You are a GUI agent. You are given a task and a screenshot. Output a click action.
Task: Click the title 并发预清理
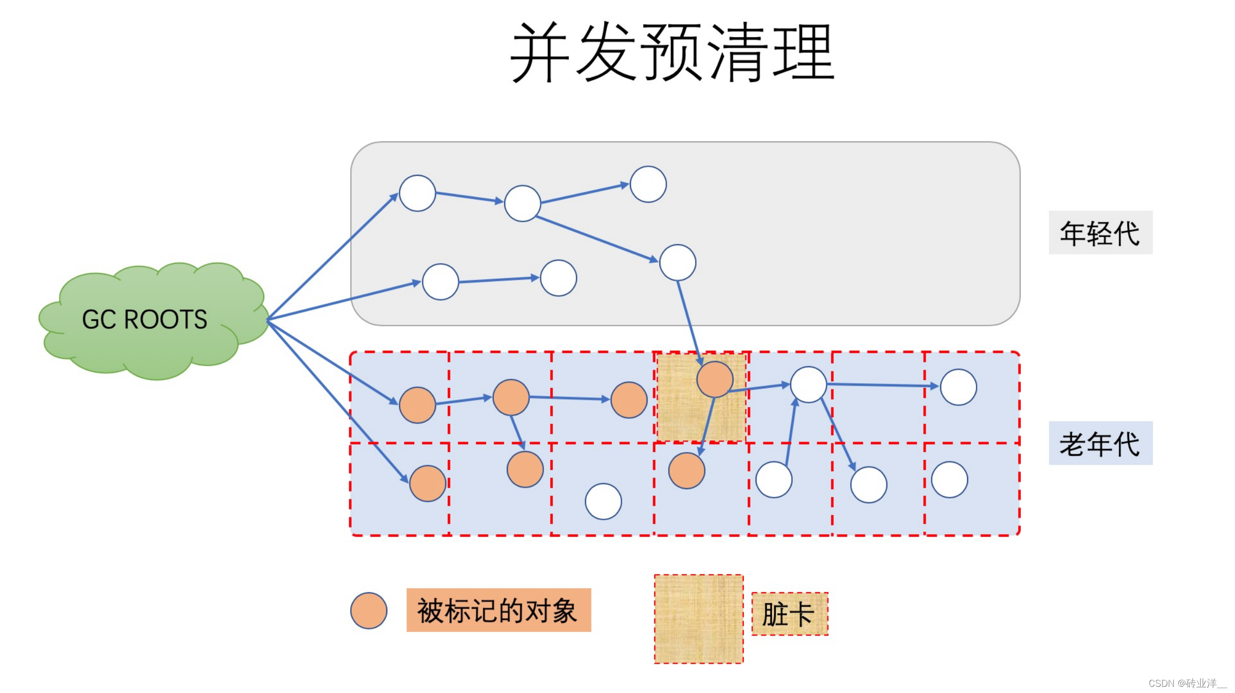tap(672, 52)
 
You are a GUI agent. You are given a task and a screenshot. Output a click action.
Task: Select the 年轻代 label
tap(1100, 233)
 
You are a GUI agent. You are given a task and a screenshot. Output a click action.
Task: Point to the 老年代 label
tap(1100, 443)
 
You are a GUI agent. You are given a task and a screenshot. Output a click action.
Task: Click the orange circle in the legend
tap(369, 610)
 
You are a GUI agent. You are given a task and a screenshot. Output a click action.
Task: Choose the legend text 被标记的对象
tap(498, 610)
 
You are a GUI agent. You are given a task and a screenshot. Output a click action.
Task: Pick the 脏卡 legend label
tap(789, 614)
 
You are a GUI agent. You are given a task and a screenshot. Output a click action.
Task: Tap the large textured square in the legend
tap(699, 619)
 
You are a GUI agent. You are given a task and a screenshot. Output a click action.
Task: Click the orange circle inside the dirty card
tap(715, 379)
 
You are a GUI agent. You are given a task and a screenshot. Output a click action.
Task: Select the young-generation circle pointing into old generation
tap(677, 263)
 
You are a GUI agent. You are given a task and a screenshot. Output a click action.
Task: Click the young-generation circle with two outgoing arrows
tap(522, 203)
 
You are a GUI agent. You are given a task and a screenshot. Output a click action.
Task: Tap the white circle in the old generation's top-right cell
tap(958, 387)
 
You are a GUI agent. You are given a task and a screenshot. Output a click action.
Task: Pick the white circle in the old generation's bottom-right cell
tap(950, 479)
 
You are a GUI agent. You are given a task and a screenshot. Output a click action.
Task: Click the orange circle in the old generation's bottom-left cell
tap(428, 483)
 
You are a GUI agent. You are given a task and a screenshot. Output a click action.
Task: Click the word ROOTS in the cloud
tap(165, 319)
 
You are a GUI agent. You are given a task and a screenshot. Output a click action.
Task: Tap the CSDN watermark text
tap(1187, 683)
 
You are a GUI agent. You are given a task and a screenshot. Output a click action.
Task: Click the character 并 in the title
tap(540, 52)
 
